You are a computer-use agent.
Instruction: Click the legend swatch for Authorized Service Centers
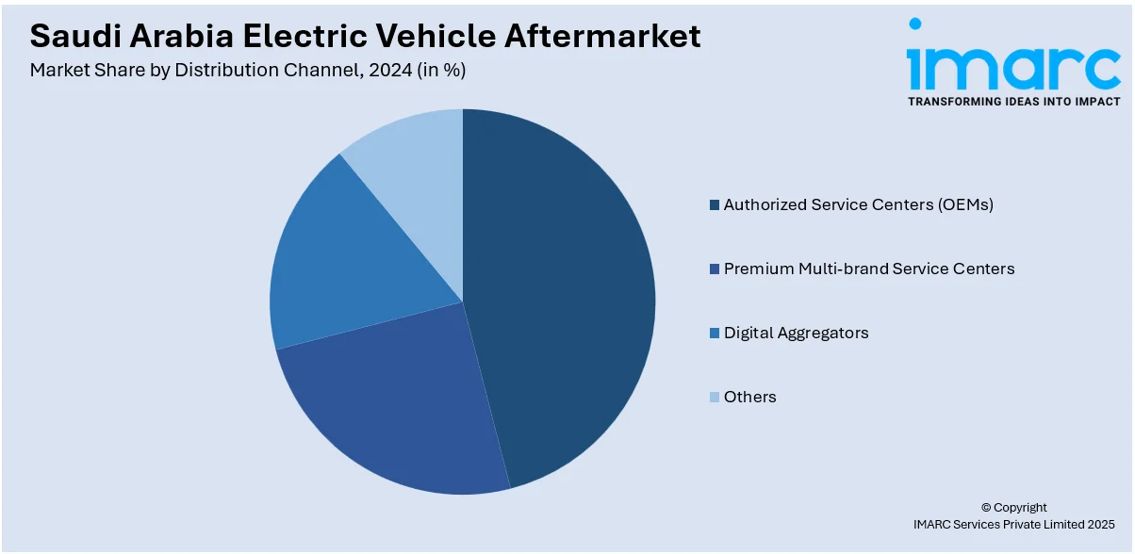click(715, 204)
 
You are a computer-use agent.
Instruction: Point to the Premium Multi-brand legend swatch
click(715, 269)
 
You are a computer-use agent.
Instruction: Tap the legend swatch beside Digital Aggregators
click(715, 333)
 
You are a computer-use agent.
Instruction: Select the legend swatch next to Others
click(715, 397)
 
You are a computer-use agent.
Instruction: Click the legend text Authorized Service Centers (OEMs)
click(858, 204)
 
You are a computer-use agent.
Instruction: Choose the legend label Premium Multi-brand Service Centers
click(868, 269)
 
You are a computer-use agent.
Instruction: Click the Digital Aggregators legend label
click(796, 333)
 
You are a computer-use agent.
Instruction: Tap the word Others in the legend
click(749, 397)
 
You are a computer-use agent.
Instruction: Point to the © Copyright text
click(1013, 507)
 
